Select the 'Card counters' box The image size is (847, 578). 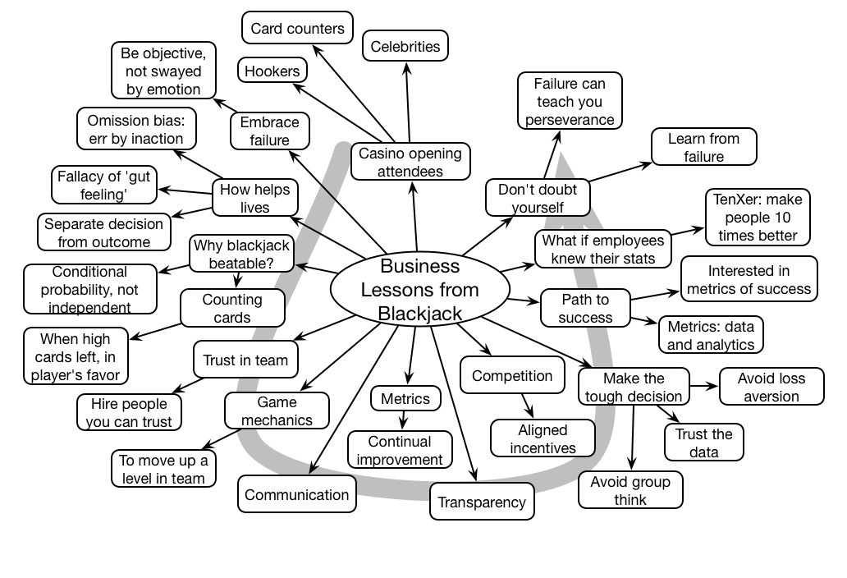pos(297,29)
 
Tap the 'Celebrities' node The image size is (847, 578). pos(405,47)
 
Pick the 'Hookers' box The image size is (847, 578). pos(272,71)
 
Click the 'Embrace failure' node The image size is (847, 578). pos(270,131)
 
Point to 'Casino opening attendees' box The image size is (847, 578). pos(410,162)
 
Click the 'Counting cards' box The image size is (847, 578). pos(232,309)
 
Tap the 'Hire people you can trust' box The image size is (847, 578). pos(128,412)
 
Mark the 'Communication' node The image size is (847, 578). pos(297,495)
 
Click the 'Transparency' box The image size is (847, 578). pos(482,502)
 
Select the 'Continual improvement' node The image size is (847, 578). pos(400,451)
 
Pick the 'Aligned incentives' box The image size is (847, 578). pos(543,438)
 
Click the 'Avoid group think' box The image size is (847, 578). pos(630,491)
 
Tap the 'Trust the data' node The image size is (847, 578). pos(703,443)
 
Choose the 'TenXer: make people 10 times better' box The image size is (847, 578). pos(758,218)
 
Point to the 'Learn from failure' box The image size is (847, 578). pos(703,148)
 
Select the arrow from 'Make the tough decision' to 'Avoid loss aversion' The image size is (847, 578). pos(703,386)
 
